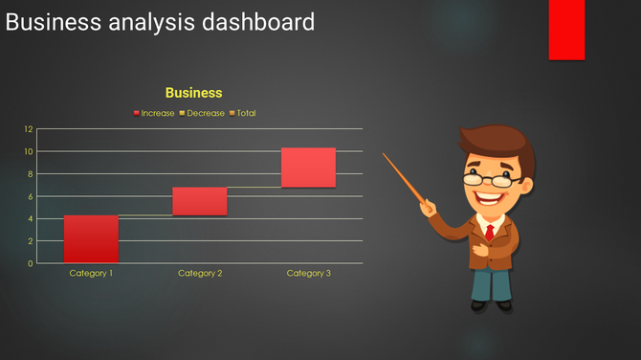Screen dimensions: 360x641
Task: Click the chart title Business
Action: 193,93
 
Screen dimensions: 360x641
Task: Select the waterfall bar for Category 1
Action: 91,239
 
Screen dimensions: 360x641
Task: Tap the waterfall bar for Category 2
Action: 200,201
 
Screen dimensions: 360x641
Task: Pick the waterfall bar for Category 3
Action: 308,168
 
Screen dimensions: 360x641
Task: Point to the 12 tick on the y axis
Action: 29,129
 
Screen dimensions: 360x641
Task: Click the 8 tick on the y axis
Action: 30,174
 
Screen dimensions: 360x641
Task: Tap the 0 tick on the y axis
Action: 30,263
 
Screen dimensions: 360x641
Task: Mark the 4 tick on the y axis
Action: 30,218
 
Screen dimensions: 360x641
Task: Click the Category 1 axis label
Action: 91,274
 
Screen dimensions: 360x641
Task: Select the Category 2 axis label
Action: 200,274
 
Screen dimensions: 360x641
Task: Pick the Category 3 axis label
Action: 308,274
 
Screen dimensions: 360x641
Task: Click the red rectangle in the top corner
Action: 566,29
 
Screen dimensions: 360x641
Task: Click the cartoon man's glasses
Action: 491,178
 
